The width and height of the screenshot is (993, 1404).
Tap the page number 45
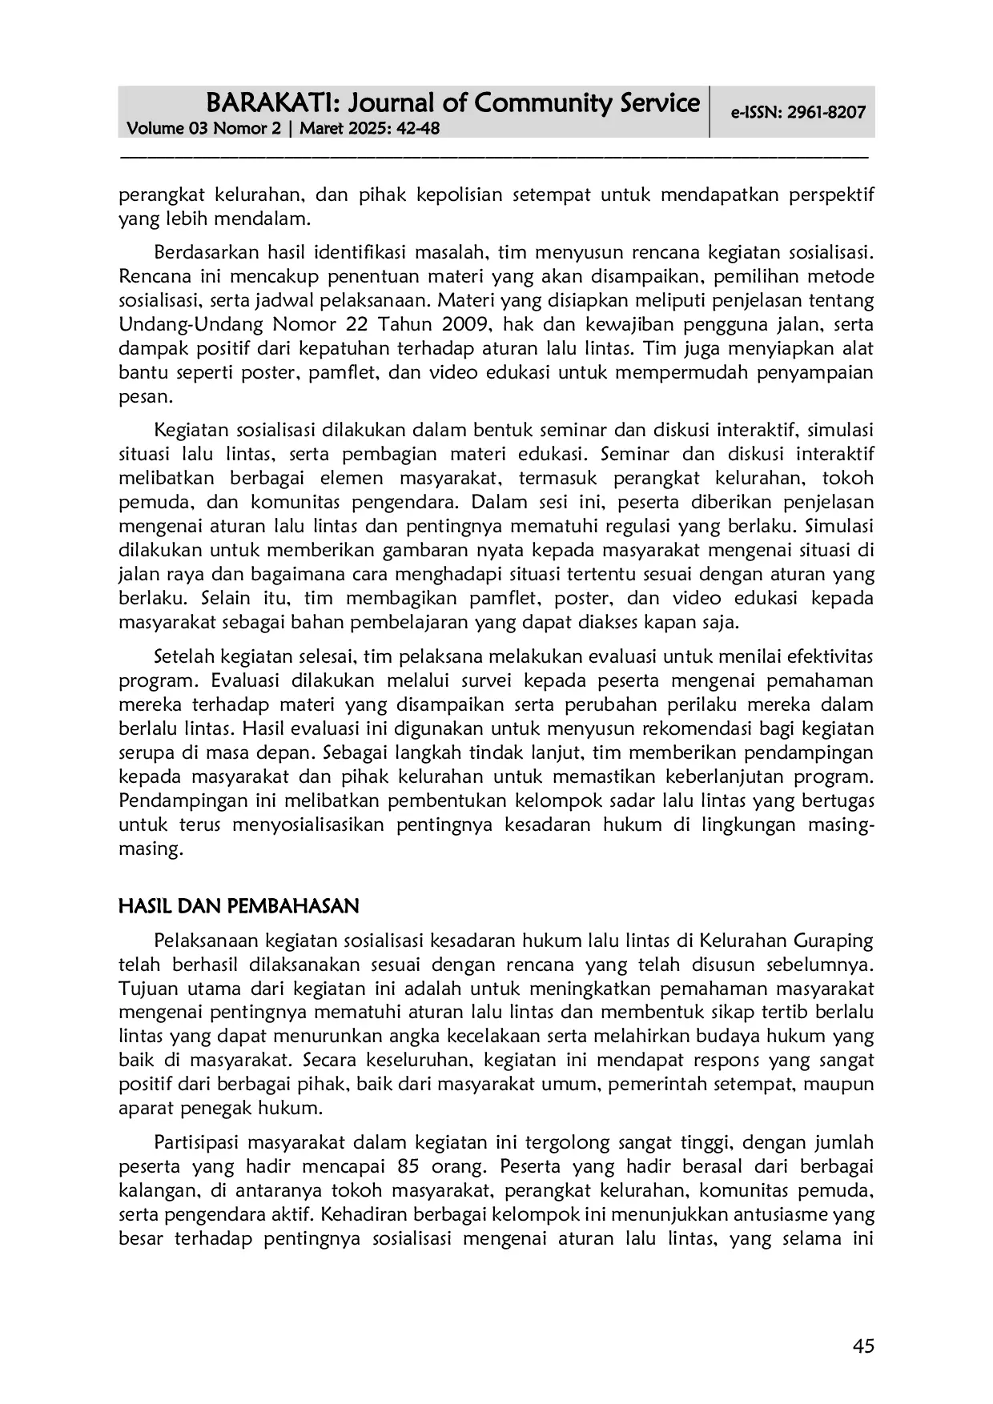click(x=863, y=1346)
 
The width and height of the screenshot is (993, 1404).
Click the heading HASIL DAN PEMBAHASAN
click(x=238, y=906)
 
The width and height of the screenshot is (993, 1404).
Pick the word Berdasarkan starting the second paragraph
click(x=201, y=253)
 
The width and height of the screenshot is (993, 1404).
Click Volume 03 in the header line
click(x=165, y=129)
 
